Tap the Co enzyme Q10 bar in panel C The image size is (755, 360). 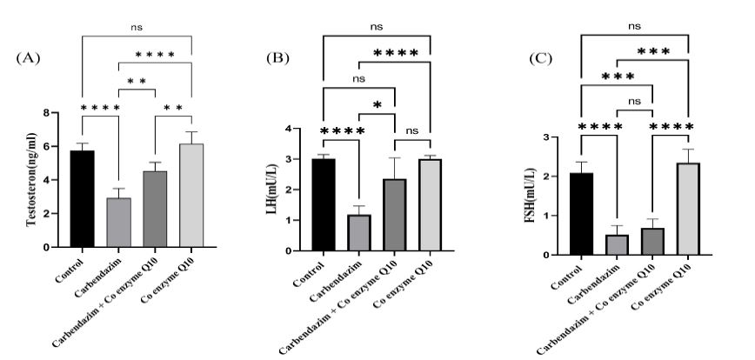(x=687, y=209)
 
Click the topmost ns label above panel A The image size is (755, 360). (x=136, y=27)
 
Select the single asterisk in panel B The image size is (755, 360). (x=377, y=106)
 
